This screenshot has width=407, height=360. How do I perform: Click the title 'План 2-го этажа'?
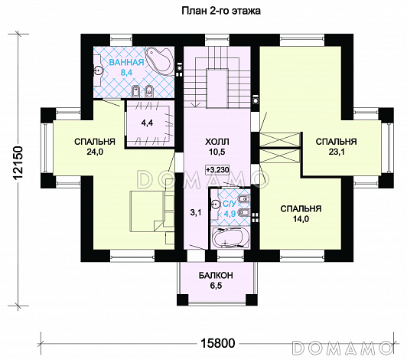pyautogui.click(x=221, y=11)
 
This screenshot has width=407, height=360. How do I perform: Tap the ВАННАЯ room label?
pyautogui.click(x=126, y=62)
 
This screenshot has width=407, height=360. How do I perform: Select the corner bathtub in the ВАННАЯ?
pyautogui.click(x=159, y=61)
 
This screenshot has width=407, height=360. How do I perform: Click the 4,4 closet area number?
pyautogui.click(x=147, y=123)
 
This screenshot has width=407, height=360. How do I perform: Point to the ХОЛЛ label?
pyautogui.click(x=217, y=142)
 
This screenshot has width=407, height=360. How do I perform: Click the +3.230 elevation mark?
pyautogui.click(x=217, y=170)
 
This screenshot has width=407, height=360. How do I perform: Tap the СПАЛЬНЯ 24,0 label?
pyautogui.click(x=95, y=146)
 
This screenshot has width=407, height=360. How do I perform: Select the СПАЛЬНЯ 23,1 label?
pyautogui.click(x=337, y=146)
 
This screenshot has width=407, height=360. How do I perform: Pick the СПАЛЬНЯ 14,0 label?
pyautogui.click(x=301, y=214)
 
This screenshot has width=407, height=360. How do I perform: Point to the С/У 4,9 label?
pyautogui.click(x=230, y=208)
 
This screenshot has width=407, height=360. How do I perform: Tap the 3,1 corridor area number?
pyautogui.click(x=196, y=213)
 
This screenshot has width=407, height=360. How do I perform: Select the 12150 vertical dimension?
pyautogui.click(x=18, y=163)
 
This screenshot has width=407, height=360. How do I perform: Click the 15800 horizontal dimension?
pyautogui.click(x=217, y=343)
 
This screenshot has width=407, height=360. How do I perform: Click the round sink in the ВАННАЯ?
pyautogui.click(x=99, y=70)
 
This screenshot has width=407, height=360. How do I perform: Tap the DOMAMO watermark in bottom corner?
pyautogui.click(x=342, y=347)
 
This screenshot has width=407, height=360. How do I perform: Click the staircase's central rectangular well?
pyautogui.click(x=217, y=88)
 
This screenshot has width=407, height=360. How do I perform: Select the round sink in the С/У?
pyautogui.click(x=215, y=205)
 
